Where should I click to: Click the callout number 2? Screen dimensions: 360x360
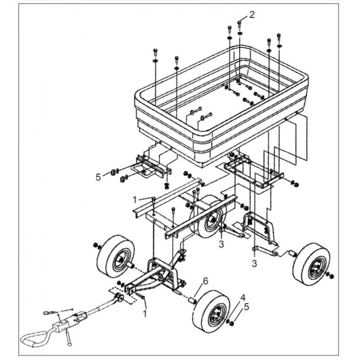point(252,15)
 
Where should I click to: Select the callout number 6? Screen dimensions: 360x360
point(206,281)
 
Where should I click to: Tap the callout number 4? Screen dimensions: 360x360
point(243,298)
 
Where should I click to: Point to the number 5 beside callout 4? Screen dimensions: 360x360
point(246,307)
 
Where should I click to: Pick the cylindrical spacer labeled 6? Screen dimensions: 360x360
point(192,300)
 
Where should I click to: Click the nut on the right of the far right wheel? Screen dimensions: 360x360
point(332,276)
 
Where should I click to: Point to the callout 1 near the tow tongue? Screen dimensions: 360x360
point(145,313)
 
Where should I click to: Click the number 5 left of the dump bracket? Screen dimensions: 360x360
point(98,177)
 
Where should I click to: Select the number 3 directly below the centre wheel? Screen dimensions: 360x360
point(221,244)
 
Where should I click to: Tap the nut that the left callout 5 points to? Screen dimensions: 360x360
point(113,172)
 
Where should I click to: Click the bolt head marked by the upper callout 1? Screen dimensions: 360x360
point(154,199)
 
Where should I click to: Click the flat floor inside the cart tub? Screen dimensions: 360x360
point(213,103)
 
